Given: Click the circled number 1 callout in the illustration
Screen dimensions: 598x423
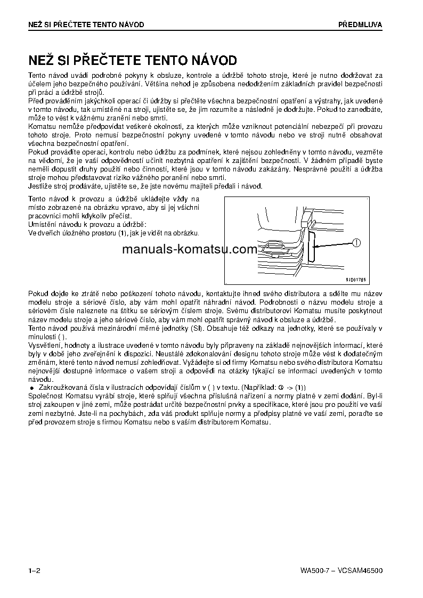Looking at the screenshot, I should pyautogui.click(x=356, y=243).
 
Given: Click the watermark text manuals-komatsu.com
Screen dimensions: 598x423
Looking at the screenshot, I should pyautogui.click(x=182, y=249).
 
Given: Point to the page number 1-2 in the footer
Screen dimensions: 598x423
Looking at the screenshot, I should pyautogui.click(x=35, y=571).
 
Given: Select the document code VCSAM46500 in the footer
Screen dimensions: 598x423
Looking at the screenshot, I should pyautogui.click(x=360, y=571).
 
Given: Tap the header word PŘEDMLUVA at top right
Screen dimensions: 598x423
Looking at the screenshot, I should pyautogui.click(x=360, y=24).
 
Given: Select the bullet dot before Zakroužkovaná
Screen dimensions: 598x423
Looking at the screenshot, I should pyautogui.click(x=32, y=387).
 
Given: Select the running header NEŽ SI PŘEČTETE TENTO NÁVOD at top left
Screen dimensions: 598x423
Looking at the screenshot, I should pyautogui.click(x=86, y=24).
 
